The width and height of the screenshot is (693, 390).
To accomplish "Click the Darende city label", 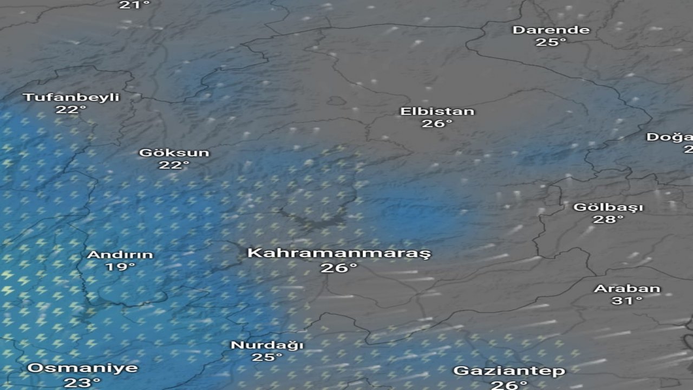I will click(x=551, y=30).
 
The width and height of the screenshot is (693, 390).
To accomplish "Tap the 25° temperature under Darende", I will click(x=551, y=42).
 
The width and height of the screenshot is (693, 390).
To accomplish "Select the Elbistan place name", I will click(x=437, y=112).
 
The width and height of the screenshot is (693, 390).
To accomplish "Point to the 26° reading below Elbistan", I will click(x=437, y=124).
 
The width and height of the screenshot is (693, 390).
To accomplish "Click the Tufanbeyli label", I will click(x=71, y=97).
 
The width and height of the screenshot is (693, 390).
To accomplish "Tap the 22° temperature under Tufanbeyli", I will click(x=71, y=110).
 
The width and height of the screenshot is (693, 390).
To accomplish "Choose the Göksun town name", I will click(x=174, y=153).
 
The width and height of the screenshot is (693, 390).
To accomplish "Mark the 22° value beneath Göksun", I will click(x=174, y=165).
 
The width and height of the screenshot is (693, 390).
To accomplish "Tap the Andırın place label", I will click(x=120, y=255).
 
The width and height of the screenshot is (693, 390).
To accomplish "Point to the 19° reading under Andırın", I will click(x=120, y=267).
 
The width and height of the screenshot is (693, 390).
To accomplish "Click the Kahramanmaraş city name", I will click(x=339, y=253).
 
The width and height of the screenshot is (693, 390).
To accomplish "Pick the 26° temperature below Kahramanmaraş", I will click(x=339, y=268).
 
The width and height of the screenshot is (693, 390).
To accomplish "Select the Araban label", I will click(x=627, y=289).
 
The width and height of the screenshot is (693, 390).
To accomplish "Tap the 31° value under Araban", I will click(x=627, y=301).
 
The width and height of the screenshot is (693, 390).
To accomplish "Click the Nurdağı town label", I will click(x=267, y=345).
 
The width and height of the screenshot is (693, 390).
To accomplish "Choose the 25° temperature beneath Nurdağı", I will click(x=267, y=357).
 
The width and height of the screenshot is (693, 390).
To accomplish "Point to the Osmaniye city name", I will click(x=82, y=368).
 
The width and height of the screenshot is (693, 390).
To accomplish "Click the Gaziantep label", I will click(x=509, y=371).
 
